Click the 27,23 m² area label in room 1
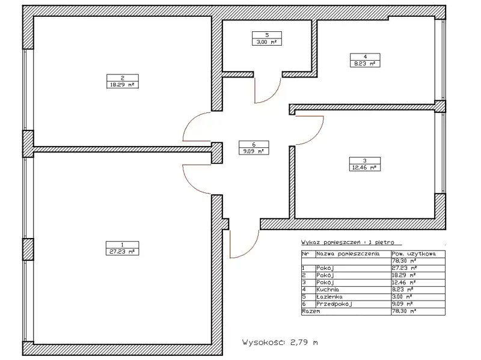[122, 252]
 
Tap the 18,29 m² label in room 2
[122, 85]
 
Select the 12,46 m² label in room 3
[364, 168]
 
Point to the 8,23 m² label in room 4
[365, 64]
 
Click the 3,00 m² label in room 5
[267, 42]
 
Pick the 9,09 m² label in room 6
[253, 151]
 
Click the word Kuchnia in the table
[328, 290]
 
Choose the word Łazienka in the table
[329, 297]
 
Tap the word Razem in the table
[311, 311]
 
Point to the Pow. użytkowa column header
[414, 254]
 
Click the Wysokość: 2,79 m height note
[280, 343]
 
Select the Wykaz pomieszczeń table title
[348, 243]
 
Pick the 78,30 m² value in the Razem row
[403, 311]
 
